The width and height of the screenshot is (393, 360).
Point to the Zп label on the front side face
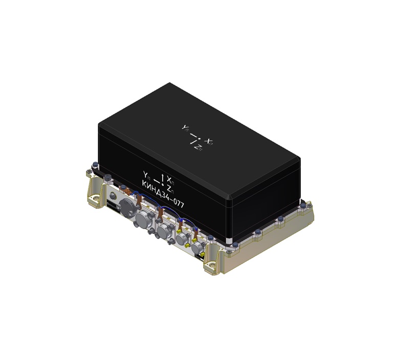(x=169, y=186)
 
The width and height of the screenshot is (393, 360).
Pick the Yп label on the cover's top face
(x=185, y=128)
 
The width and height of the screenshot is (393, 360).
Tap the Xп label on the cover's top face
(x=209, y=140)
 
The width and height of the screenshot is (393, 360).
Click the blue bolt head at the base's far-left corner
(x=94, y=165)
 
